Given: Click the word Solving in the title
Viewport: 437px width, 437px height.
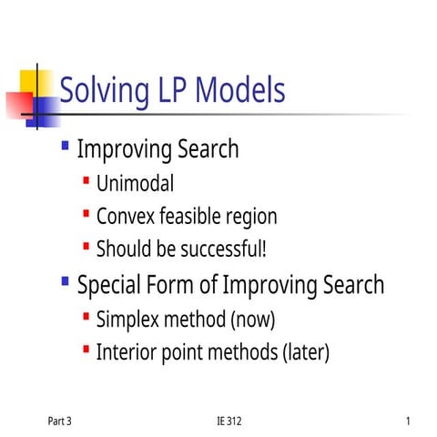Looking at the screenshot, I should point(100,90).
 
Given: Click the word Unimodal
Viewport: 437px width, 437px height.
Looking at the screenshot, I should point(135,184).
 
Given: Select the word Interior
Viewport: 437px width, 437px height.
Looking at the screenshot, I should point(127,351).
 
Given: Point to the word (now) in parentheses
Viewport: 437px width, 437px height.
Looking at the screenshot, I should point(252,320).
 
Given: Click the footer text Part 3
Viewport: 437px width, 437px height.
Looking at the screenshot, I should point(59,421).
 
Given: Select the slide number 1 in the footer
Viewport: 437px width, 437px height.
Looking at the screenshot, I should point(410,421).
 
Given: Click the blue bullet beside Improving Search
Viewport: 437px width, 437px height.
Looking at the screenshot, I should point(65,145).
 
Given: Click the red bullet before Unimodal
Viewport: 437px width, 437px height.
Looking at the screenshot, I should point(86,181).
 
